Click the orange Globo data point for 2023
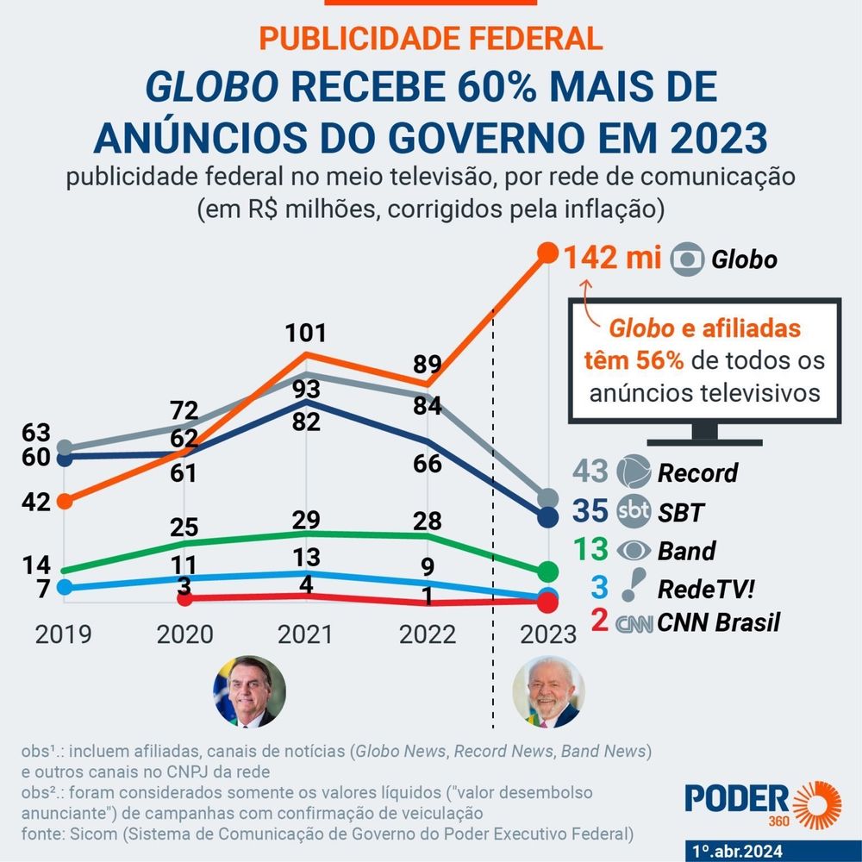[547, 253]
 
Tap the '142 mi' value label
[614, 258]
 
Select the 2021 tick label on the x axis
[305, 634]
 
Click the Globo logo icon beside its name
[687, 259]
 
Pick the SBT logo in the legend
[634, 513]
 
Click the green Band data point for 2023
[547, 572]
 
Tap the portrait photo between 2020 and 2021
[249, 691]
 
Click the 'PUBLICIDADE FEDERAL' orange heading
[431, 38]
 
